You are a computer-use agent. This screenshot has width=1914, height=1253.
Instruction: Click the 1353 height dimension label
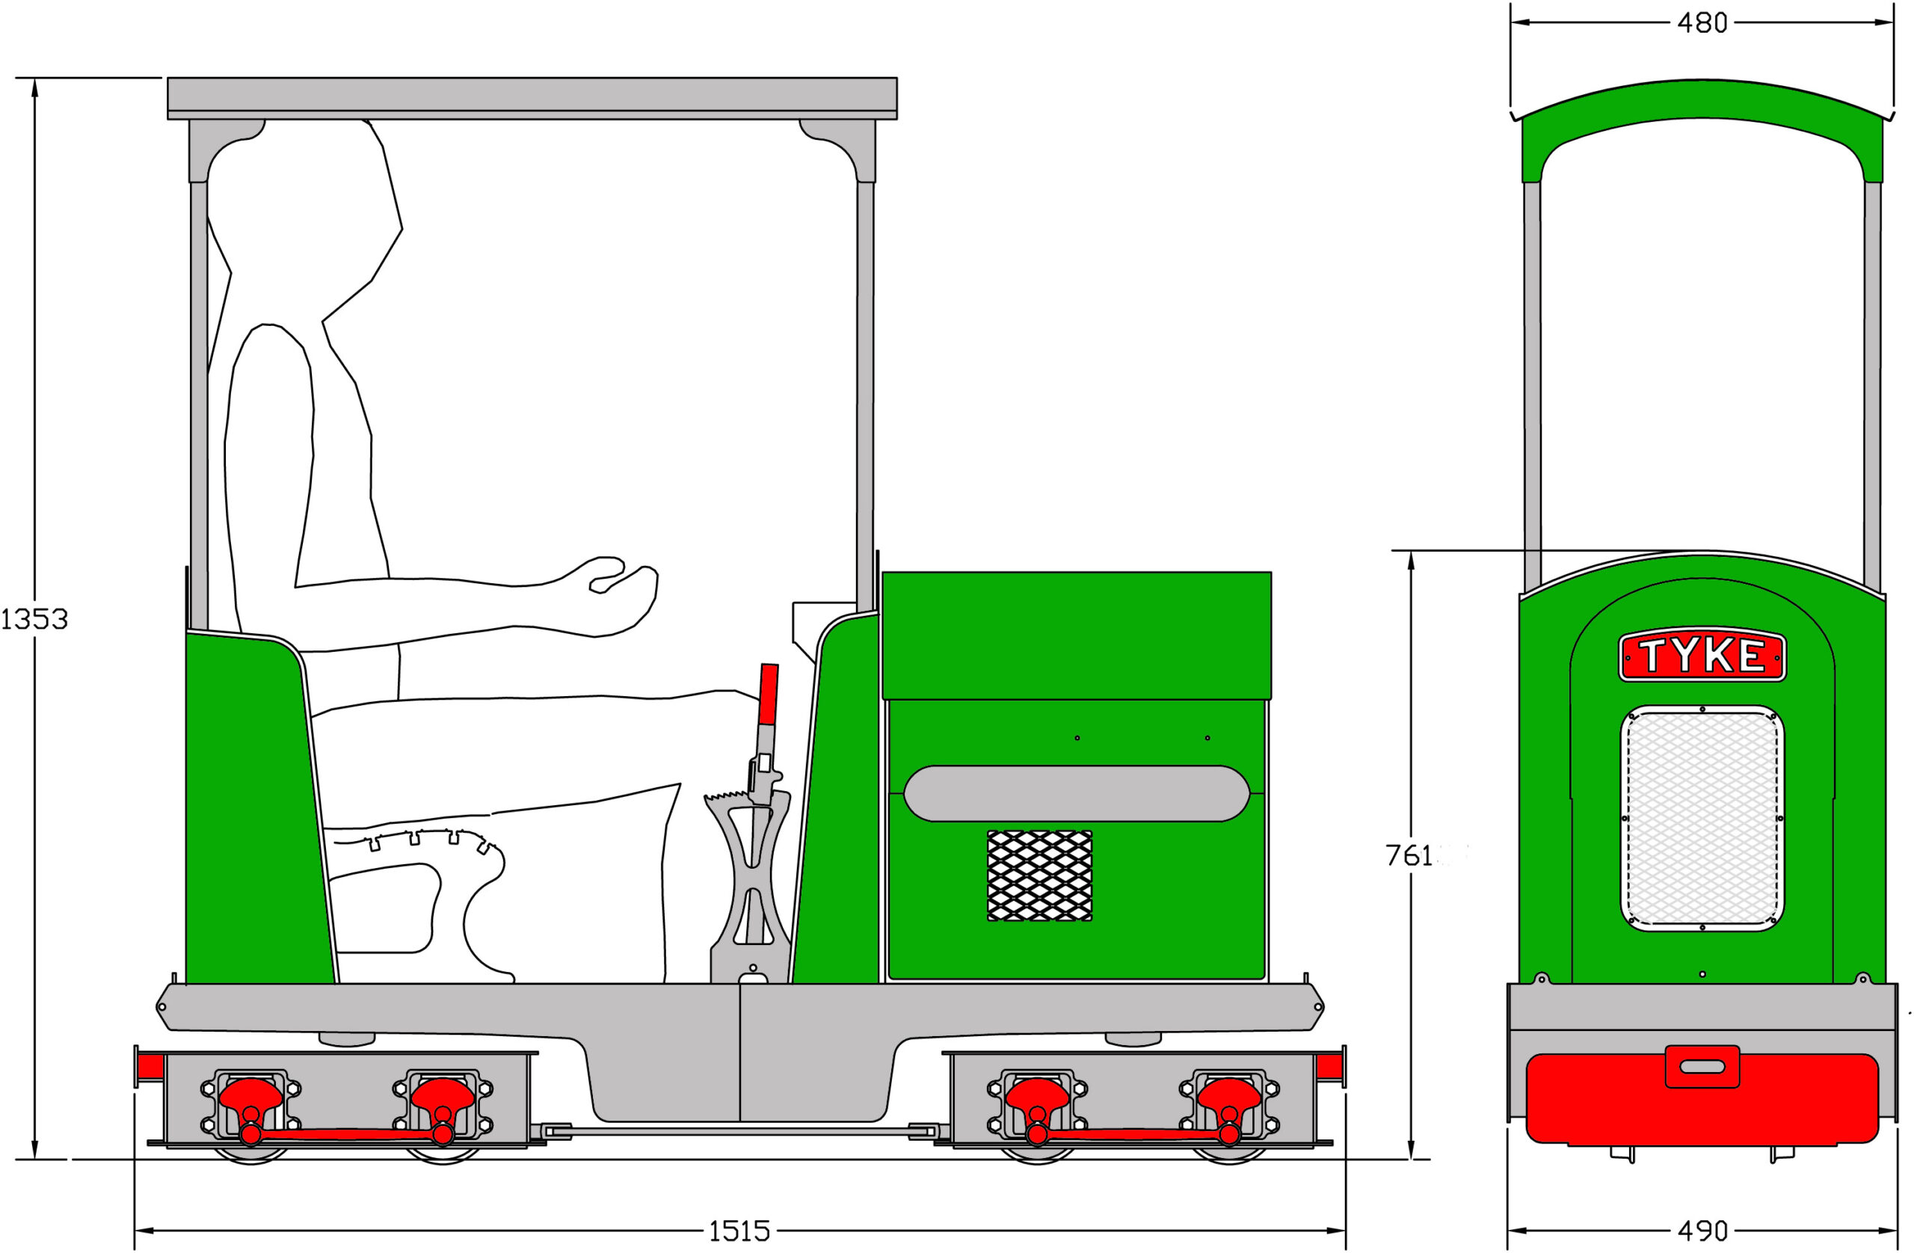pyautogui.click(x=34, y=619)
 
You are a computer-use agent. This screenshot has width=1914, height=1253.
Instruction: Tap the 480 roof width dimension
pyautogui.click(x=1702, y=23)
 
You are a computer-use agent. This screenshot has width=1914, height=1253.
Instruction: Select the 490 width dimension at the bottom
pyautogui.click(x=1702, y=1231)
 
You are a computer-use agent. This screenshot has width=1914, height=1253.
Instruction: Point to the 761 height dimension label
pyautogui.click(x=1409, y=856)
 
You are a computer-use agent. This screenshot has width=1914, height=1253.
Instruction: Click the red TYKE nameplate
pyautogui.click(x=1702, y=656)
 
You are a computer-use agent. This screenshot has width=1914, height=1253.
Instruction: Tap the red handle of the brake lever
pyautogui.click(x=768, y=693)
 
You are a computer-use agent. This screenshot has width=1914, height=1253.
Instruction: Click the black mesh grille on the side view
pyautogui.click(x=1039, y=875)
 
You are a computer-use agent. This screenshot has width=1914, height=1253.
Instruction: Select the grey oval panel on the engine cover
pyautogui.click(x=1076, y=794)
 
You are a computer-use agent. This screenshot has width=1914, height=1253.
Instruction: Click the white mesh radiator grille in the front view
pyautogui.click(x=1702, y=819)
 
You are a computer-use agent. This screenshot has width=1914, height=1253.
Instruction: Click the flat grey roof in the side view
pyautogui.click(x=532, y=96)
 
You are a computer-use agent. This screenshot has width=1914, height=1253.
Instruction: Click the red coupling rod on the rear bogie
pyautogui.click(x=346, y=1134)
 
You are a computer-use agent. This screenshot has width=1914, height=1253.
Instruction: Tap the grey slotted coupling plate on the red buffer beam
pyautogui.click(x=1702, y=1066)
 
